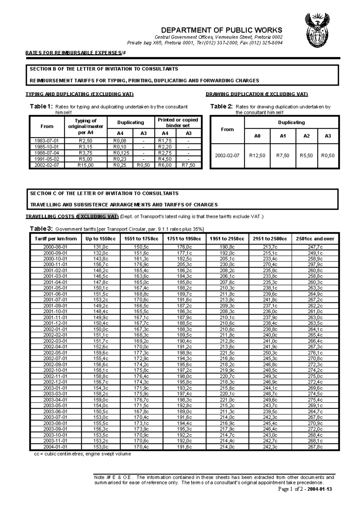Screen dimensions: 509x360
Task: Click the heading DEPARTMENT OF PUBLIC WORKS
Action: click(x=221, y=30)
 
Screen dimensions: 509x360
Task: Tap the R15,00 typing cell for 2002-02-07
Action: click(x=85, y=165)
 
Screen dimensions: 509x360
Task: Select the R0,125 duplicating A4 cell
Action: click(x=120, y=153)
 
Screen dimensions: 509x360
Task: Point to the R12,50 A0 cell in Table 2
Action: click(x=257, y=156)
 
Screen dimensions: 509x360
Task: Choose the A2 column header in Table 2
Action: click(x=306, y=136)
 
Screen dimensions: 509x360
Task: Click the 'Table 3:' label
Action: click(x=41, y=229)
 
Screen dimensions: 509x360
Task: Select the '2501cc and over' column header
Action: click(x=315, y=239)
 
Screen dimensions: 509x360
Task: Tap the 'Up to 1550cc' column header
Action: click(x=100, y=239)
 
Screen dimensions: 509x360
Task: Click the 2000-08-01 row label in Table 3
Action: click(x=55, y=247)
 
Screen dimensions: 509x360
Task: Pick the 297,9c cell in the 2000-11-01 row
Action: click(x=315, y=265)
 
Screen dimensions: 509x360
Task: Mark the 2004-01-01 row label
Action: click(x=55, y=447)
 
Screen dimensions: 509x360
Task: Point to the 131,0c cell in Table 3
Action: click(x=100, y=247)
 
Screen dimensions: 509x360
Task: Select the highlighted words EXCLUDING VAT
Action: click(x=98, y=217)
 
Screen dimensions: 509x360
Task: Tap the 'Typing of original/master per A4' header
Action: click(x=85, y=127)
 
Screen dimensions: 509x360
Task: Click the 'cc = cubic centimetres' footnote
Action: click(x=83, y=454)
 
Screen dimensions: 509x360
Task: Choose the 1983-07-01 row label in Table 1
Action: click(x=46, y=141)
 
